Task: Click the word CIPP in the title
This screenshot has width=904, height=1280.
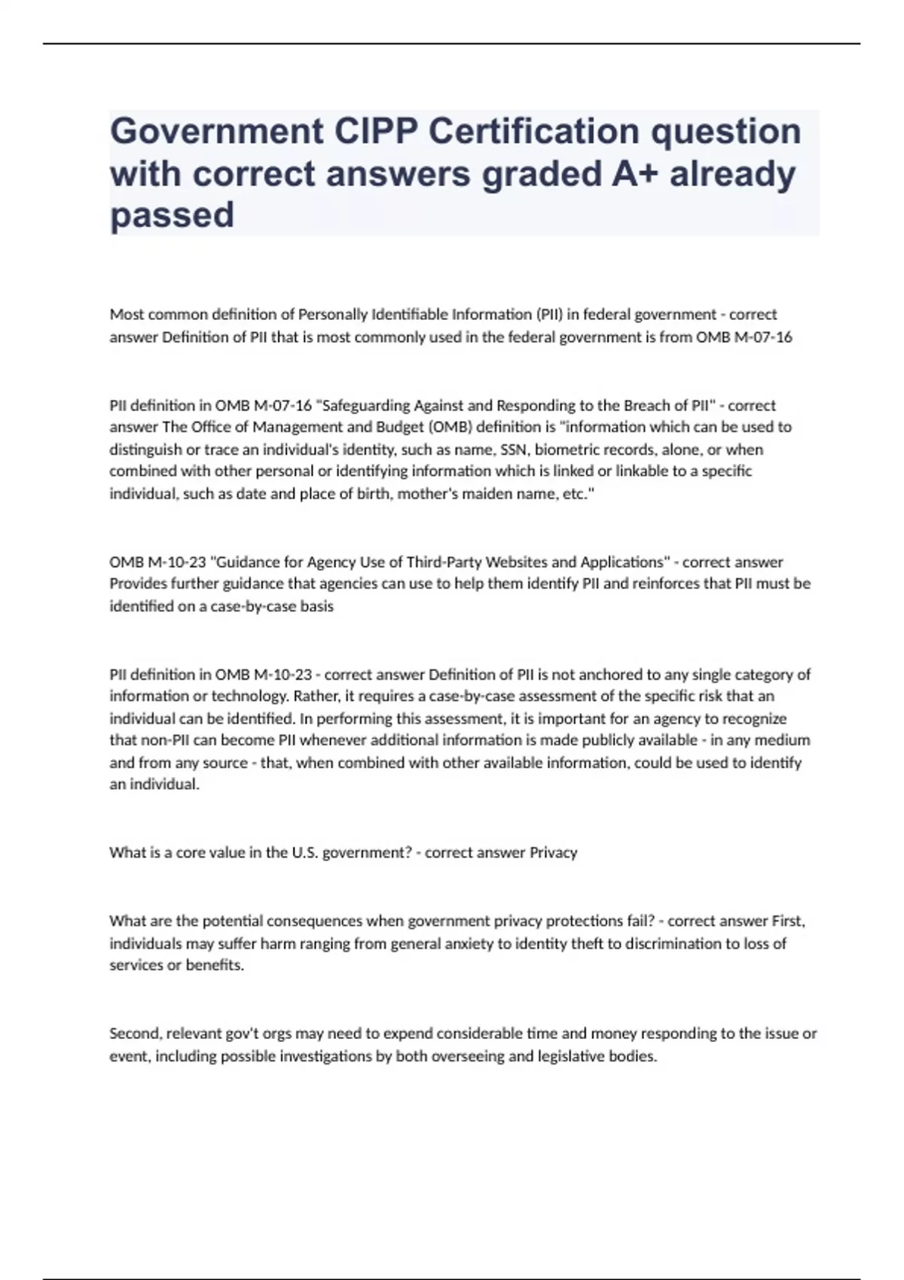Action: [x=375, y=132]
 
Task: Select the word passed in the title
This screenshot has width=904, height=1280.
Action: [x=172, y=215]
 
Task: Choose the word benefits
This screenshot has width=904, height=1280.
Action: [x=215, y=965]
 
